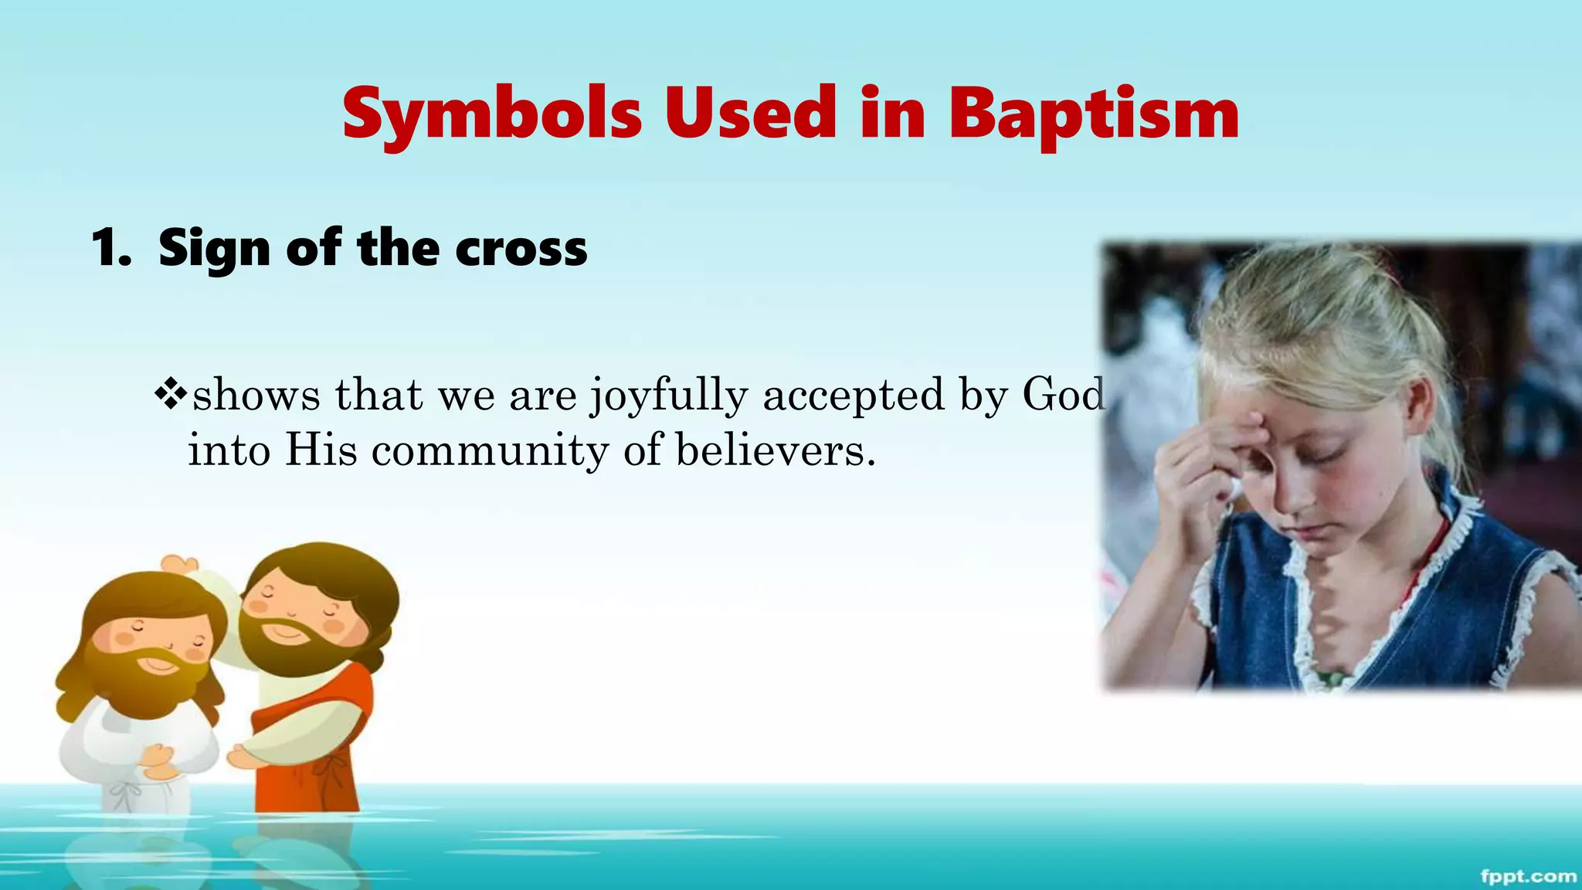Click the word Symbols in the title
492,114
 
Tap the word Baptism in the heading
1093,114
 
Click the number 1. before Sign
110,249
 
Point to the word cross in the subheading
521,249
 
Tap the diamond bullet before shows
171,395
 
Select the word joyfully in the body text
669,396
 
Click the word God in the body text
1063,394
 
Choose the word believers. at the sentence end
776,450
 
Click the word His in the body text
321,450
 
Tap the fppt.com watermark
1528,876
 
